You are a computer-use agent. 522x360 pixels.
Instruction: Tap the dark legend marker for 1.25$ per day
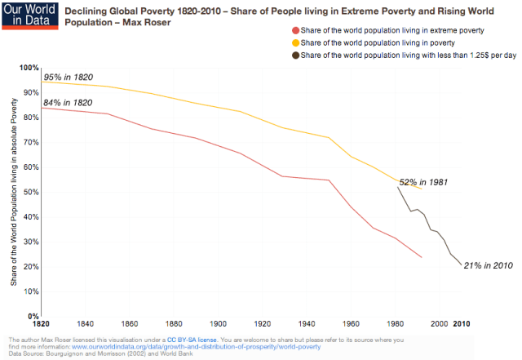[293, 55]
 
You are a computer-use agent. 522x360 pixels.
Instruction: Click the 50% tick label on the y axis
[30, 192]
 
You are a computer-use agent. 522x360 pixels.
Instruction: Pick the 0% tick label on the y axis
[33, 316]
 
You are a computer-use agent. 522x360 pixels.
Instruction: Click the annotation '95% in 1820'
[69, 78]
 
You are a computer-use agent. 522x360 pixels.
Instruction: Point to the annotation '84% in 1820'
[69, 103]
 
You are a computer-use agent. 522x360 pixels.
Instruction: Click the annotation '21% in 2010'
[487, 265]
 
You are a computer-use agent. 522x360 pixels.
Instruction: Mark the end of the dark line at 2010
[461, 264]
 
